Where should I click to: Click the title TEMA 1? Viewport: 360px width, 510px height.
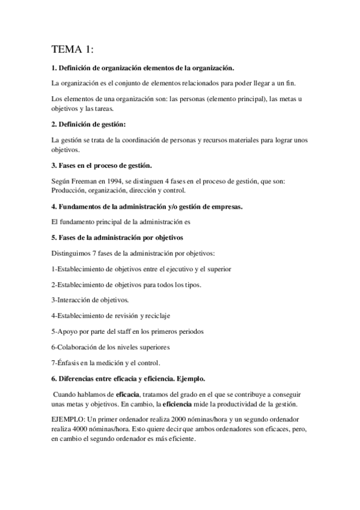73,49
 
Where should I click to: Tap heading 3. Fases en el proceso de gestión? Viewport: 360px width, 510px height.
101,165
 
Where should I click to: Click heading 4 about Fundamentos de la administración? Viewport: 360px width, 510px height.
148,206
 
